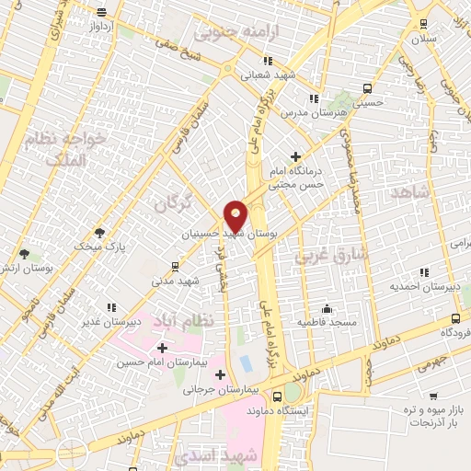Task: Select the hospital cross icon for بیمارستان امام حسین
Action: pos(163,348)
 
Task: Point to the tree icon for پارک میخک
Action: pos(99,234)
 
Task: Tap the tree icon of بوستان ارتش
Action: pos(24,253)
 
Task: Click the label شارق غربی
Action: pos(332,254)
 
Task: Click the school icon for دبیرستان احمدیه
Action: pos(423,272)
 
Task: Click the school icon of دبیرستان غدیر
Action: pos(110,307)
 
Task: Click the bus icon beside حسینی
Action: pos(368,89)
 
